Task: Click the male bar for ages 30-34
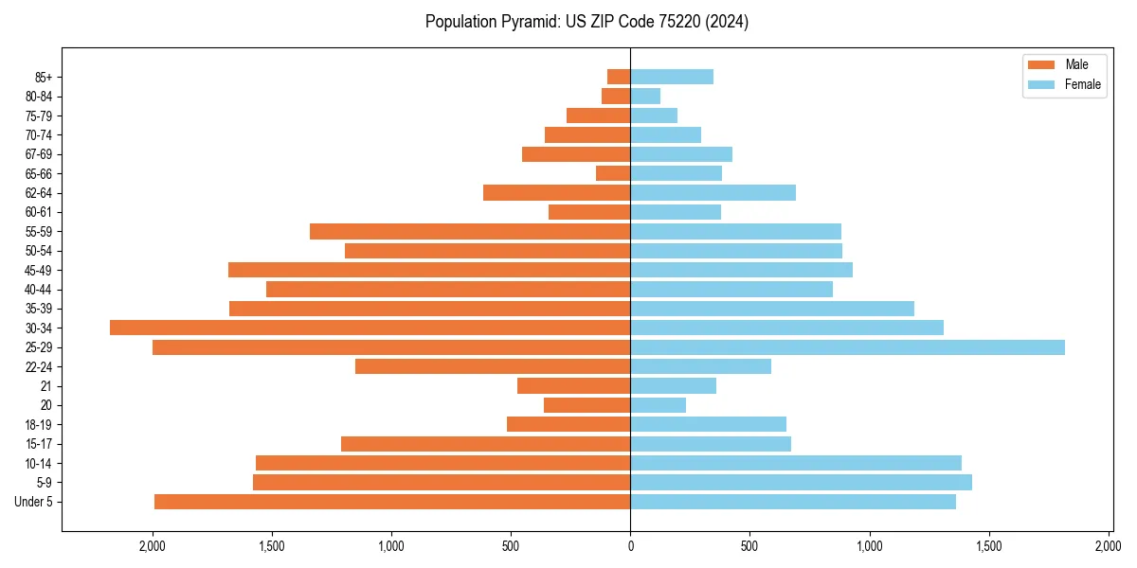click(x=370, y=328)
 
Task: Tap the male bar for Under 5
click(x=392, y=502)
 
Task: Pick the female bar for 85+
click(x=672, y=77)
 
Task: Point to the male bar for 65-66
click(x=613, y=173)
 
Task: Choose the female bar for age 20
click(x=658, y=405)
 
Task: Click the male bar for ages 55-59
click(x=470, y=231)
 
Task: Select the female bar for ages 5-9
click(x=801, y=482)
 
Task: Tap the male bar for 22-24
click(x=493, y=366)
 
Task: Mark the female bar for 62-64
click(x=713, y=192)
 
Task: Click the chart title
click(x=587, y=22)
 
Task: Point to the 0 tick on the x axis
click(x=630, y=546)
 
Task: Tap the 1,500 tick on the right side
click(x=988, y=546)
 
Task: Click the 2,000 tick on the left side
click(x=153, y=546)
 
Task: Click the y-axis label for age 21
click(x=45, y=385)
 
